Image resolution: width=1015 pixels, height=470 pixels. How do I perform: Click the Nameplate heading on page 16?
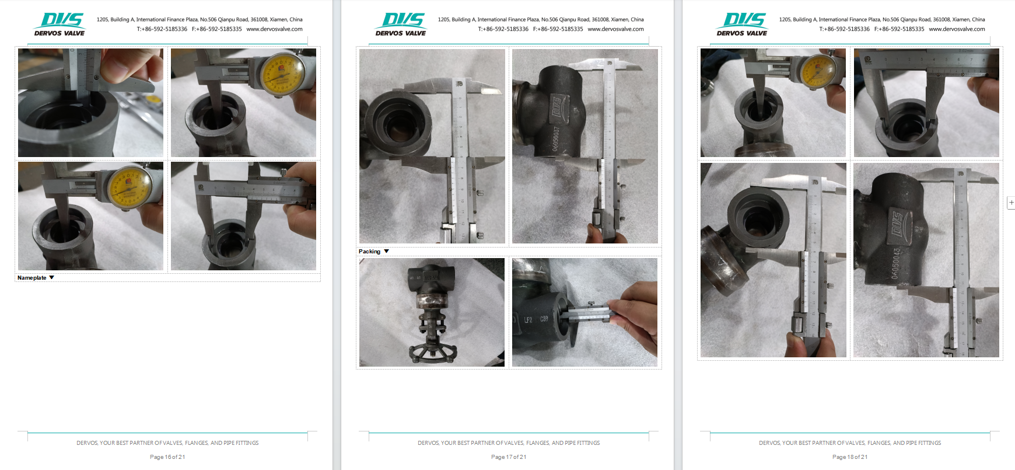coord(32,278)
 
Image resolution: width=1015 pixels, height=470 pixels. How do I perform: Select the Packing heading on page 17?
coord(369,252)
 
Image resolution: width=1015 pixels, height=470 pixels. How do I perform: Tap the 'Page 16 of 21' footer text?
coord(167,457)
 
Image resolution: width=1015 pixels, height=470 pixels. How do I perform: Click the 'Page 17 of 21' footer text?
coord(509,457)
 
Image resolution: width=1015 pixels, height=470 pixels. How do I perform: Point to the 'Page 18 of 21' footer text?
coord(850,457)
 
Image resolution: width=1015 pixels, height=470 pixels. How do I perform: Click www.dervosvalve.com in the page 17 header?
coord(615,29)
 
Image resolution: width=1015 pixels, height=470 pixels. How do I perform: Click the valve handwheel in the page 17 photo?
coord(432,352)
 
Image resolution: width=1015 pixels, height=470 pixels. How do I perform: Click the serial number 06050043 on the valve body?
coord(896,263)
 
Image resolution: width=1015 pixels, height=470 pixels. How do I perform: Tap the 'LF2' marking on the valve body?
coord(528,320)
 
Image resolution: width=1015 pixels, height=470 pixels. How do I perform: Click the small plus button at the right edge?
coord(1011,203)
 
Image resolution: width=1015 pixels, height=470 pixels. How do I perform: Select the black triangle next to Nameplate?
coord(52,278)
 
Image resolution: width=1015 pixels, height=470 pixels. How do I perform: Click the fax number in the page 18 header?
coord(899,29)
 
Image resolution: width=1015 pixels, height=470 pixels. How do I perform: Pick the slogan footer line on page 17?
coord(509,443)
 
